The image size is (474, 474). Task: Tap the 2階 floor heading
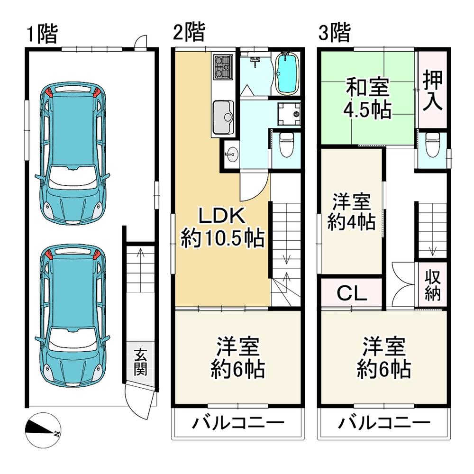click(188, 34)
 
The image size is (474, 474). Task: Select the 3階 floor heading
click(334, 34)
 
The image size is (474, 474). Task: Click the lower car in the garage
click(73, 317)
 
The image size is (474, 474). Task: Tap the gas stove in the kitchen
click(222, 66)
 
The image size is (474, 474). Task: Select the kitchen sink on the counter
click(222, 117)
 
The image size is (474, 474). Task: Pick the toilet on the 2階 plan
click(286, 145)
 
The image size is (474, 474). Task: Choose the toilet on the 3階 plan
click(432, 145)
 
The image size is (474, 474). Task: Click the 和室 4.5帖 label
click(367, 99)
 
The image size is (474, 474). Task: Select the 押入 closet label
click(433, 90)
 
